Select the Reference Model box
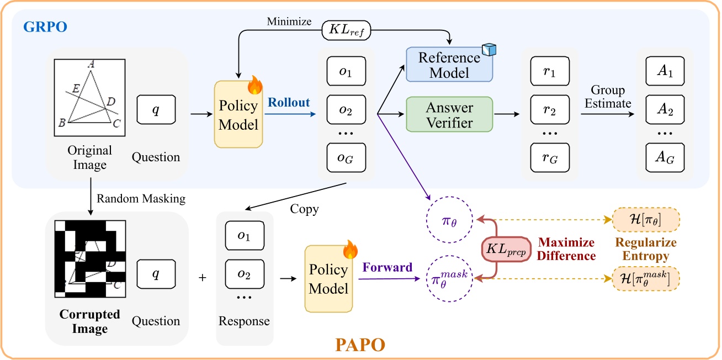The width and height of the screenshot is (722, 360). coord(449,65)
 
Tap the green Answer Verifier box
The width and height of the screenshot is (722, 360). coord(449,114)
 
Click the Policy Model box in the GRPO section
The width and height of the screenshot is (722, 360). coord(238,115)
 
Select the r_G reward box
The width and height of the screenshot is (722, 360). coord(549,158)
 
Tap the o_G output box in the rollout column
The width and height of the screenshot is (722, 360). coord(346,158)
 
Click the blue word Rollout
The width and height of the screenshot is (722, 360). coord(289,103)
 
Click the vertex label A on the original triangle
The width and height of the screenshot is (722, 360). coord(90,65)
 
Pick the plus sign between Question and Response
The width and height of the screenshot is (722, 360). coord(202,278)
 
